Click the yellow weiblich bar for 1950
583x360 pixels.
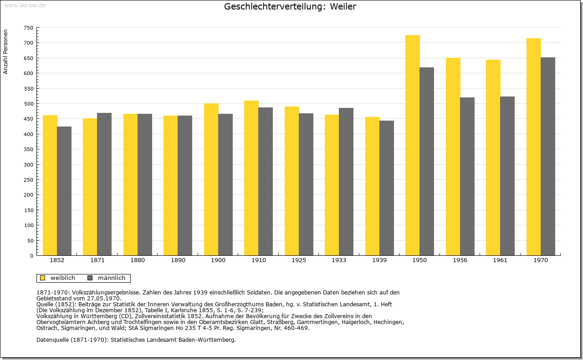tap(413, 145)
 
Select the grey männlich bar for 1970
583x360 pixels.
tap(548, 156)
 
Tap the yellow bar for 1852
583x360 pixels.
tap(50, 185)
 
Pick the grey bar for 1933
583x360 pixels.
tap(346, 182)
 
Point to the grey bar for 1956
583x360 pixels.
tap(467, 176)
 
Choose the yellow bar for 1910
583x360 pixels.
tap(251, 178)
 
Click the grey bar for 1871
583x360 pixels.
tap(104, 184)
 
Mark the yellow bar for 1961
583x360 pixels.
tap(493, 157)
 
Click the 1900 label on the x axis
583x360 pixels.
tap(218, 260)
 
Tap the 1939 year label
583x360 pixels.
tap(379, 260)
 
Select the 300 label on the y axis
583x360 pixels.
tap(28, 165)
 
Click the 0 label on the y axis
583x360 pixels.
tap(31, 256)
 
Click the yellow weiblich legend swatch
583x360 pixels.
tap(43, 278)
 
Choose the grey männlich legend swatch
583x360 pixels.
tap(90, 278)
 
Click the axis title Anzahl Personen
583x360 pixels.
tap(5, 52)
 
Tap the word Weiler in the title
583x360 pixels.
tap(343, 6)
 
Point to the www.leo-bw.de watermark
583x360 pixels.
tap(25, 5)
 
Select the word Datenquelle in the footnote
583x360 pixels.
tap(52, 340)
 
